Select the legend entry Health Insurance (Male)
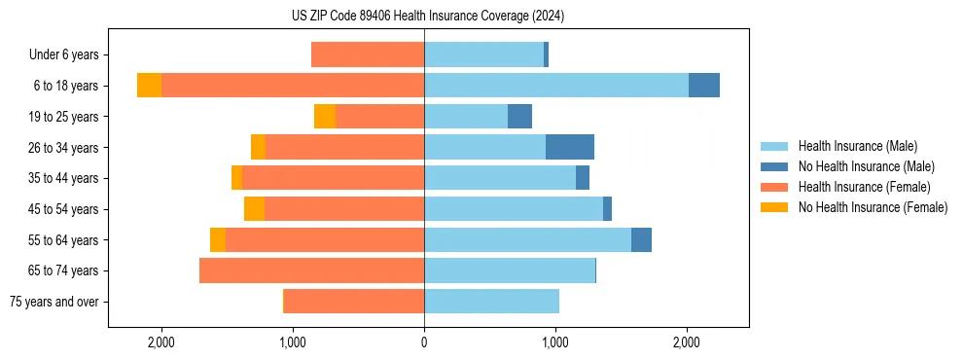857,146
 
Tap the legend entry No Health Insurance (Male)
864,166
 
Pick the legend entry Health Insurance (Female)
864,187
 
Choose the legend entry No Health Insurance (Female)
871,207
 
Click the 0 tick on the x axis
424,342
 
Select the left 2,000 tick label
160,342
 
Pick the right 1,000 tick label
555,342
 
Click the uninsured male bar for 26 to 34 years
570,147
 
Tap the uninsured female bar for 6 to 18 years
149,86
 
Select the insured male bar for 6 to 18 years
556,86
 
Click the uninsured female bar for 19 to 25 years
325,117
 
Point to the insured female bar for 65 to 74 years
311,270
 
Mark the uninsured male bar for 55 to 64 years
641,239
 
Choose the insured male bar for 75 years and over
491,302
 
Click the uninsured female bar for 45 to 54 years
254,209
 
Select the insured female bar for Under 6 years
368,55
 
